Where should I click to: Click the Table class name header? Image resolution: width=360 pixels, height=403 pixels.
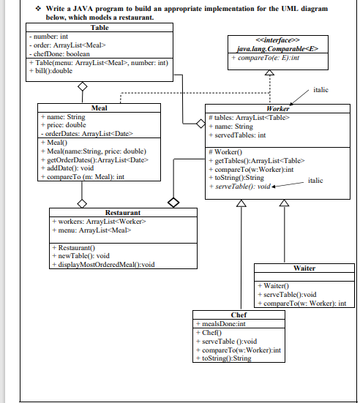[x=99, y=27]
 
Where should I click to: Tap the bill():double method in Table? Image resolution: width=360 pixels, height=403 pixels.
[x=52, y=71]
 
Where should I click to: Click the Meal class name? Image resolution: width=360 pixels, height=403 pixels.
[x=99, y=108]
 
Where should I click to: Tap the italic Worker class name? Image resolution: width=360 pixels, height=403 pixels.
[x=278, y=108]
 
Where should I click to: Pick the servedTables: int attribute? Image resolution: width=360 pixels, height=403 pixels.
[x=241, y=135]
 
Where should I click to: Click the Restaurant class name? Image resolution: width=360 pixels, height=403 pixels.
[x=123, y=211]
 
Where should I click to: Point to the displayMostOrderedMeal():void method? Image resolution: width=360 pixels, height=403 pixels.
[x=106, y=264]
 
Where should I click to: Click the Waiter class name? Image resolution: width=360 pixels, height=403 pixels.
[x=303, y=268]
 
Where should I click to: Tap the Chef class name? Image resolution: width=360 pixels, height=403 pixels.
[x=239, y=315]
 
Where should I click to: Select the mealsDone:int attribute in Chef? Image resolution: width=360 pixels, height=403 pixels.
[x=220, y=323]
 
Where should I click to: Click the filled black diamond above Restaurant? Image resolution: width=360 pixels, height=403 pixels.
[x=173, y=200]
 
